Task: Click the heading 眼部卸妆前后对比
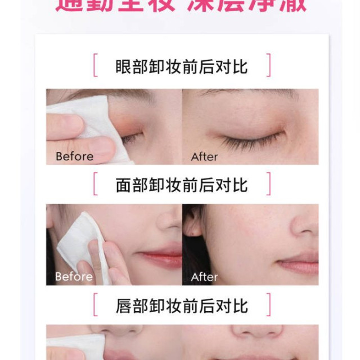pos(181,66)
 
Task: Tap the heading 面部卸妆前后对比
pos(181,185)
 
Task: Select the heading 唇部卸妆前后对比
pos(181,306)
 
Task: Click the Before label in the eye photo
pos(74,156)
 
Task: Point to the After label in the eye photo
pos(204,156)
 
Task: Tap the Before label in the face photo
pos(74,276)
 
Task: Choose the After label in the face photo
pos(204,276)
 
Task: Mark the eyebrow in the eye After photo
pos(247,93)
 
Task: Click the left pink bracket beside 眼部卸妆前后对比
pos(95,66)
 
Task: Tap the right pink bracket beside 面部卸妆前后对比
pos(268,184)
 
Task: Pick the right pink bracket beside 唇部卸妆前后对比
pos(268,305)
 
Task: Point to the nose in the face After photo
pos(304,222)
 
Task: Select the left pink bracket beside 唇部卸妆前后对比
pos(95,305)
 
